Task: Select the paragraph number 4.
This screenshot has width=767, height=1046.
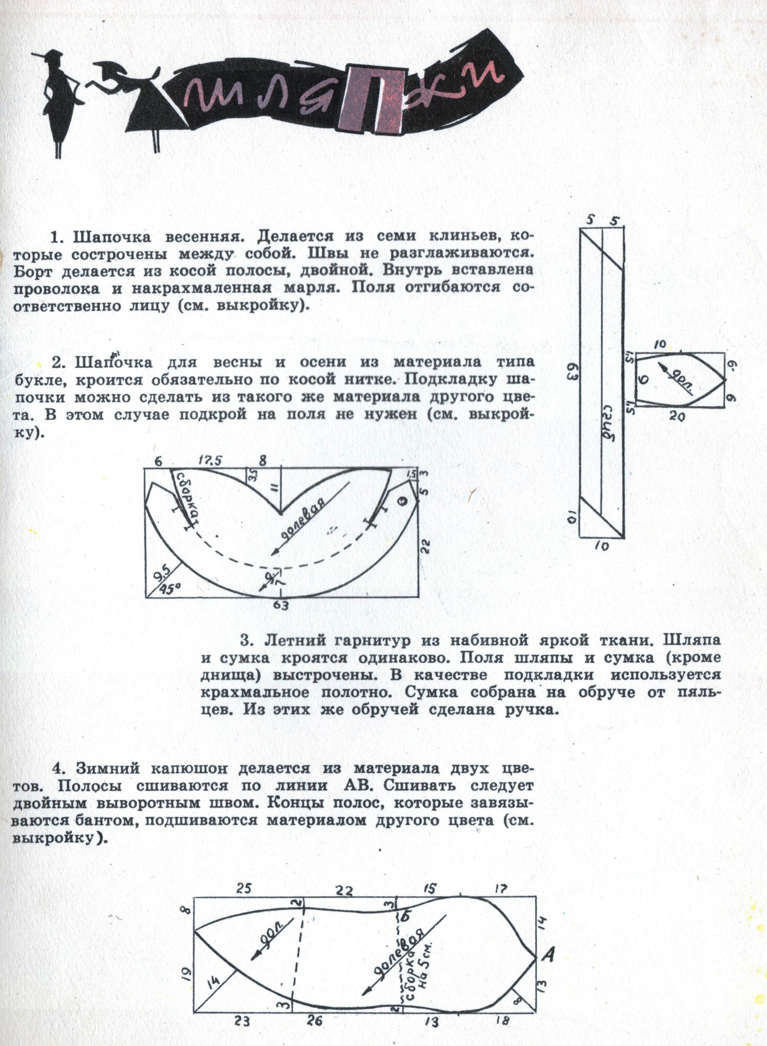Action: [58, 769]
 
